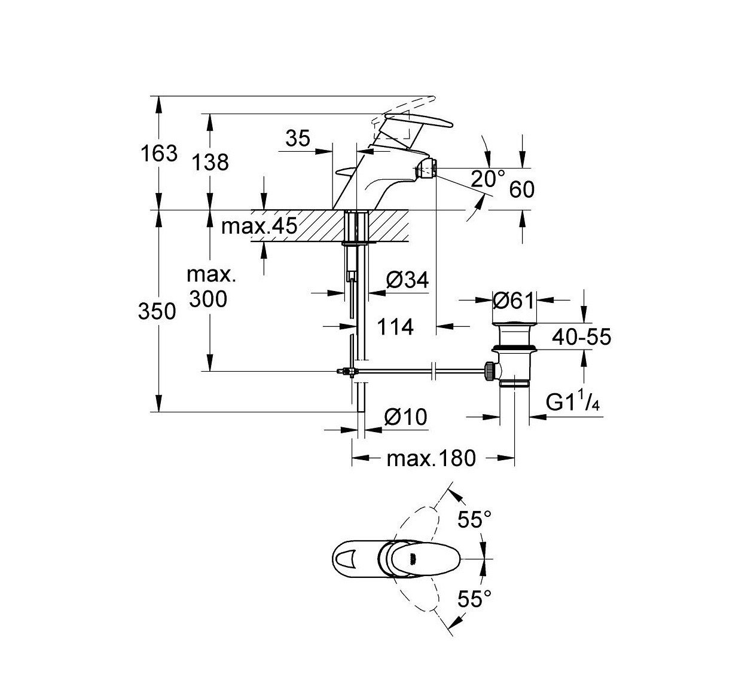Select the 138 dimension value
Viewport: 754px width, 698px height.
pyautogui.click(x=210, y=162)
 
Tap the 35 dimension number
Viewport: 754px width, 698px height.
pyautogui.click(x=298, y=139)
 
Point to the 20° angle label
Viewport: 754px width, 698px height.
pyautogui.click(x=487, y=179)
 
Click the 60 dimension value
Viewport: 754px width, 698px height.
pyautogui.click(x=521, y=190)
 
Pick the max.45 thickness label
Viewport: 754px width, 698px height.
pyautogui.click(x=259, y=226)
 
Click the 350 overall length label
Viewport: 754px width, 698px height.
pyautogui.click(x=157, y=311)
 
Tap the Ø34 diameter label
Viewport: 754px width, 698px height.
pyautogui.click(x=407, y=280)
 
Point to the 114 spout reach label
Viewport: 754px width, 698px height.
pyautogui.click(x=395, y=327)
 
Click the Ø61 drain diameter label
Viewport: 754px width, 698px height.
pyautogui.click(x=513, y=301)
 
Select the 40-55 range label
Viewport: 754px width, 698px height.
pyautogui.click(x=581, y=337)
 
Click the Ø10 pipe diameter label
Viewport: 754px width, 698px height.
pyautogui.click(x=406, y=417)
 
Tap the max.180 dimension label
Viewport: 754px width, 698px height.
pyautogui.click(x=431, y=458)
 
